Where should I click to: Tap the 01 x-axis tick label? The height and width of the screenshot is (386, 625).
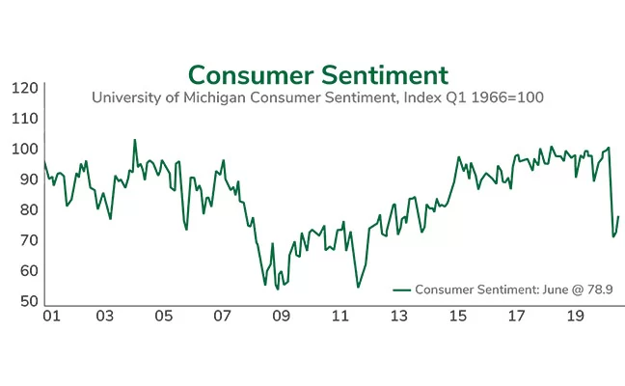[51, 316]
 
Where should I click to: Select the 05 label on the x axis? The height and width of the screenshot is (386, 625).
[164, 316]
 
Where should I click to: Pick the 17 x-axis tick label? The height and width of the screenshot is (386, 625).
[516, 316]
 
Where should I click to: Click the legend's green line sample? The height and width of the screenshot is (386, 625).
[402, 289]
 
